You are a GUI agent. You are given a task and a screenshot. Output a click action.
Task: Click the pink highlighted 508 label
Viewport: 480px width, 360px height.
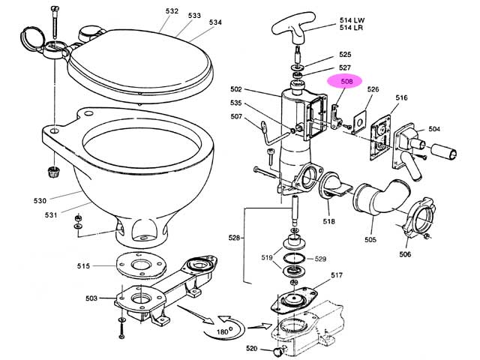(345, 81)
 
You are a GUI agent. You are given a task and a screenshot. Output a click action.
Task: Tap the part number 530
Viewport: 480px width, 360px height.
(40, 200)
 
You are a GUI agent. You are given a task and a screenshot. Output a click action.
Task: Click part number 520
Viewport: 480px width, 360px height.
(252, 349)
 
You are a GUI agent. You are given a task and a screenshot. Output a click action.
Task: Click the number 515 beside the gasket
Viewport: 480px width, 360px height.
(83, 265)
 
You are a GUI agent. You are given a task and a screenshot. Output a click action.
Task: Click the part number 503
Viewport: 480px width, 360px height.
(91, 298)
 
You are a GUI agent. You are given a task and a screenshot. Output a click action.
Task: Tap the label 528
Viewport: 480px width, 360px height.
(235, 238)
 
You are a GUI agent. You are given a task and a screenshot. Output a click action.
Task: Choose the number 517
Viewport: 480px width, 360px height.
(336, 274)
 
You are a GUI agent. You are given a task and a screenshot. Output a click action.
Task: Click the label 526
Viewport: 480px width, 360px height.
(373, 90)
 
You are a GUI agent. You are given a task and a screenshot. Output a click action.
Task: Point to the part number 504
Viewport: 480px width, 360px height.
(434, 129)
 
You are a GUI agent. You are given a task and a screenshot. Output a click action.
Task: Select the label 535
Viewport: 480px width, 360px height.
(235, 103)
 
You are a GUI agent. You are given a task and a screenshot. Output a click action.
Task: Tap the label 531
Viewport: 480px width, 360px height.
(51, 216)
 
